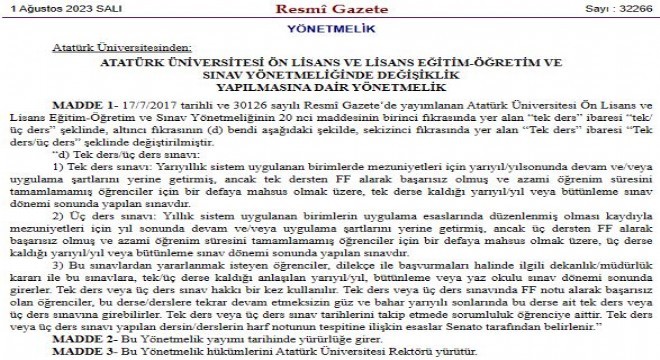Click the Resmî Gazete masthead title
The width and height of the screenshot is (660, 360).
(329, 9)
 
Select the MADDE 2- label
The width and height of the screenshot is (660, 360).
(72, 341)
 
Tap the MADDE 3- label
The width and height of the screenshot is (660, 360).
(72, 353)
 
